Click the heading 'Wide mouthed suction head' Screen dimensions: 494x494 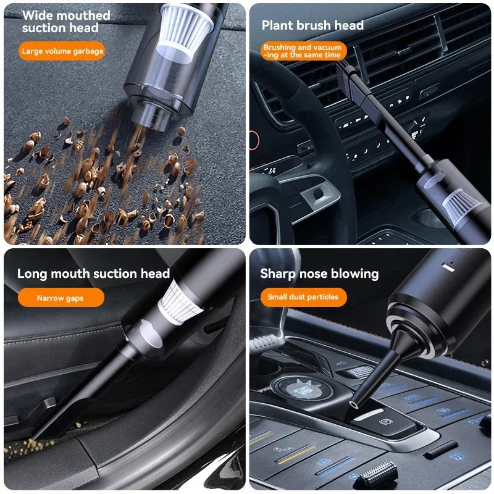click(x=66, y=22)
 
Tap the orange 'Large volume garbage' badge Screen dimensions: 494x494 click(x=62, y=51)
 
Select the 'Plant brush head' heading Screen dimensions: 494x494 click(x=312, y=25)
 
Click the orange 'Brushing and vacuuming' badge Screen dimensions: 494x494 click(x=303, y=51)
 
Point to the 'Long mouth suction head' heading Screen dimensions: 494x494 click(x=93, y=274)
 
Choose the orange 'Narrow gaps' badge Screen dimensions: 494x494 click(x=60, y=298)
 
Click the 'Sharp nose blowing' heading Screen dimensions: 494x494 click(x=319, y=274)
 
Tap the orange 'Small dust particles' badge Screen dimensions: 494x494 click(x=303, y=297)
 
